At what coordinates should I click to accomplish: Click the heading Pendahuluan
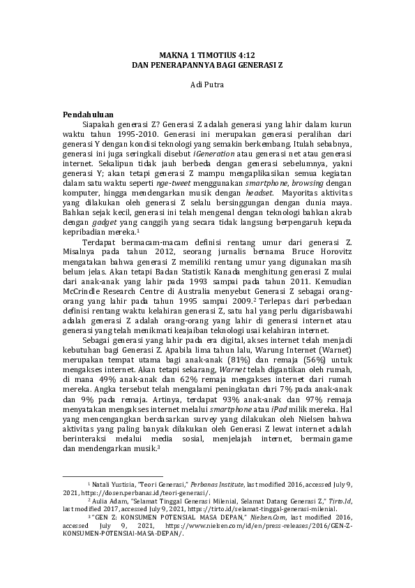pos(86,114)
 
